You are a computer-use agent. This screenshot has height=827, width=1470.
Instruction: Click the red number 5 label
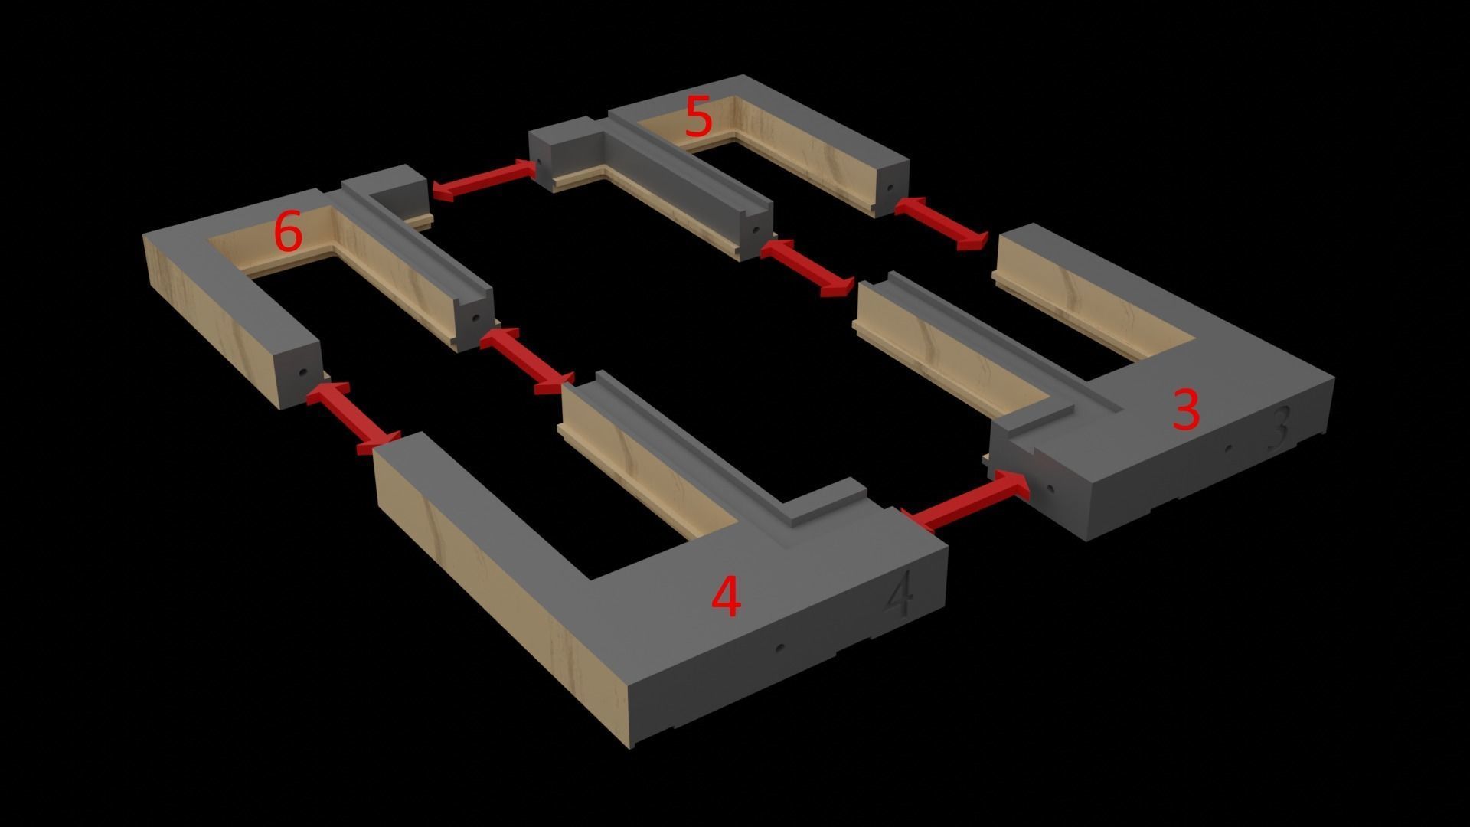[x=698, y=117]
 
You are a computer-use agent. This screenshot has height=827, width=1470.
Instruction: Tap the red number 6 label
[x=288, y=232]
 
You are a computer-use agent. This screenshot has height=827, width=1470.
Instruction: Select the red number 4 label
[x=726, y=597]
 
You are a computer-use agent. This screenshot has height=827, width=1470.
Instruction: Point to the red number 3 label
[x=1185, y=410]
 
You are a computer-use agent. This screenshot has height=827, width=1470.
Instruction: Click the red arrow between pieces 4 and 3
[x=966, y=502]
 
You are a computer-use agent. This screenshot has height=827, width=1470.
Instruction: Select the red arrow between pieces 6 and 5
[x=484, y=181]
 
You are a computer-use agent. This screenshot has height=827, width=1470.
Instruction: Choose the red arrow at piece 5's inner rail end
[x=807, y=267]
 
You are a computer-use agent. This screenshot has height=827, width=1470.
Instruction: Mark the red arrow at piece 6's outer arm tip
[x=353, y=418]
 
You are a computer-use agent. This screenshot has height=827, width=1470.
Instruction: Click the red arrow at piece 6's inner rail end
[x=527, y=361]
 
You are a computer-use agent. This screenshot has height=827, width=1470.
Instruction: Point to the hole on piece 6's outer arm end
[x=302, y=374]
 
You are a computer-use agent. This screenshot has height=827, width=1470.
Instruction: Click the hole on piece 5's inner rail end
[x=755, y=229]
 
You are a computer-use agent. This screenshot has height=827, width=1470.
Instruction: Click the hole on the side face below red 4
[x=779, y=648]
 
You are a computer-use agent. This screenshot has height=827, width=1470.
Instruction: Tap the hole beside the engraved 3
[x=1230, y=448]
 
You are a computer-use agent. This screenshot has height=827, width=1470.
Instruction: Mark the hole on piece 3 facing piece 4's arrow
[x=1050, y=488]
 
